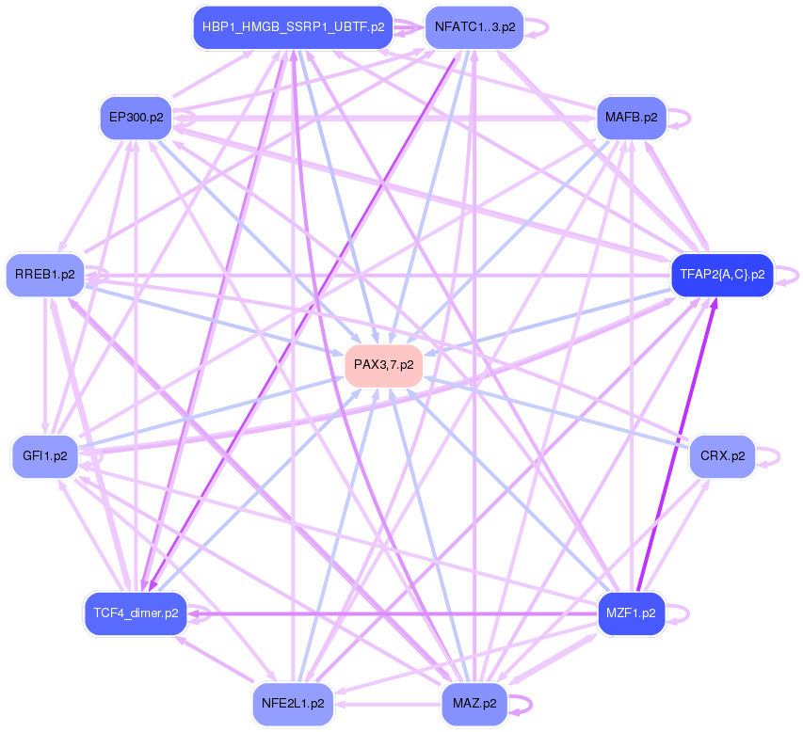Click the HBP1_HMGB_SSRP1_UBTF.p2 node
click(x=293, y=27)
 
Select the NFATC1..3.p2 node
click(x=474, y=27)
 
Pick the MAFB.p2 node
click(x=631, y=118)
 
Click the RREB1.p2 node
click(x=45, y=275)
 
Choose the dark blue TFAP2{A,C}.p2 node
click(x=721, y=275)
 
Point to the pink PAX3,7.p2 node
click(x=383, y=363)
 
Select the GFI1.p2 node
click(x=45, y=455)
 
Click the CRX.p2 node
click(x=723, y=455)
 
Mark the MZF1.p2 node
click(x=631, y=613)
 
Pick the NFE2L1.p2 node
click(x=293, y=703)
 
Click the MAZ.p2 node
click(x=474, y=703)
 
